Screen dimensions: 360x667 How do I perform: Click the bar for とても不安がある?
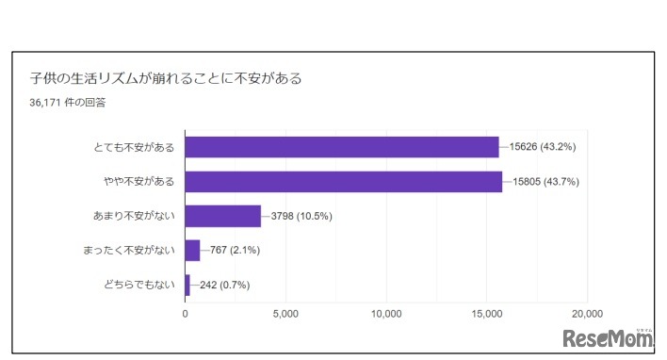pos(341,147)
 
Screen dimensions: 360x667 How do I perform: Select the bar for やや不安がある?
pos(343,181)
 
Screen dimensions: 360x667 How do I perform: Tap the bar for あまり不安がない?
pos(222,216)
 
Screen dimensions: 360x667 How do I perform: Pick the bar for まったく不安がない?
pos(192,250)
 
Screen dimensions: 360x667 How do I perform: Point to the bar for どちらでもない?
pos(187,285)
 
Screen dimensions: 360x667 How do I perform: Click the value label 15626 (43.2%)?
pos(542,147)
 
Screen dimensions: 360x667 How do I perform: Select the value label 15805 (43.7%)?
pos(545,181)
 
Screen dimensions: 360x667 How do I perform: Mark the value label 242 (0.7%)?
pos(228,285)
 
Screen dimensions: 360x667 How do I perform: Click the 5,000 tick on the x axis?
pos(285,313)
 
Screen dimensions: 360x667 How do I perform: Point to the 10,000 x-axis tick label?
pos(386,313)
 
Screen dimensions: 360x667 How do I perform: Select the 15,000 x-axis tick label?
pos(487,313)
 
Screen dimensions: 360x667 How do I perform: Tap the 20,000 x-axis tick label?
pos(587,313)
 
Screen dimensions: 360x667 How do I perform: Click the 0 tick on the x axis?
pos(186,313)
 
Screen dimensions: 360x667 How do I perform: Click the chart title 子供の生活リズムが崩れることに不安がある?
pos(166,78)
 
